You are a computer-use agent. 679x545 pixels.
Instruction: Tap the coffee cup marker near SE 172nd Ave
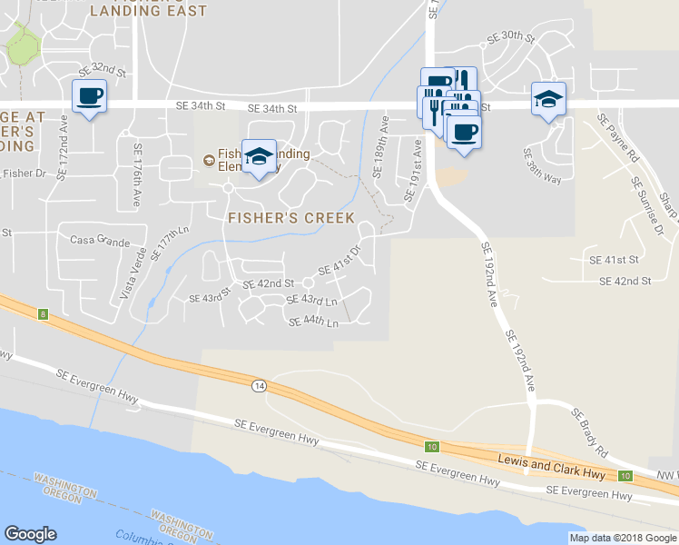coord(89,96)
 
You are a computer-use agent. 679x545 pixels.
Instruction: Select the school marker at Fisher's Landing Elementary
coord(259,157)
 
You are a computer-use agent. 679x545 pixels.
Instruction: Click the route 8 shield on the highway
coord(42,314)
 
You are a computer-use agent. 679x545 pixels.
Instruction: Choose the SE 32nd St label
coord(101,70)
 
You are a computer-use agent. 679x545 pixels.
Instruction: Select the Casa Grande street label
coord(100,241)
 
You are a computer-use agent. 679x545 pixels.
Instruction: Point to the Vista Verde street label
coord(133,273)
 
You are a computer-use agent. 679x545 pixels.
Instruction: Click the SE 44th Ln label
coord(313,322)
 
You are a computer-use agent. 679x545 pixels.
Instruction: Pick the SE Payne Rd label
coord(619,137)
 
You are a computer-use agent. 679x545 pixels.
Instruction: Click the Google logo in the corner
coord(30,534)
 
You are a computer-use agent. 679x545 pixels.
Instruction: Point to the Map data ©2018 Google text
coord(624,538)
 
